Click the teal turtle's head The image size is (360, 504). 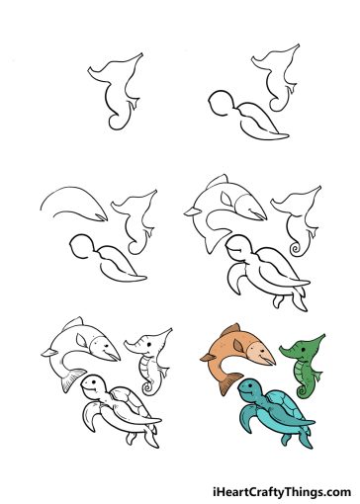[x=253, y=388]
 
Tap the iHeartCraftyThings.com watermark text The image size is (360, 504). [x=281, y=491]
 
